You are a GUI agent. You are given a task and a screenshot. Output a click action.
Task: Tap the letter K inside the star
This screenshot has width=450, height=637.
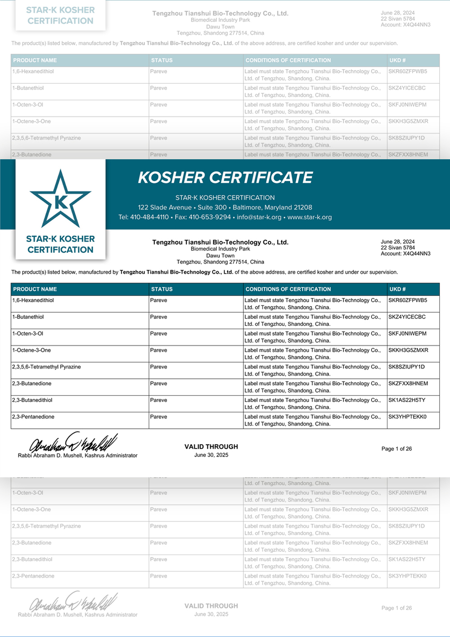point(61,202)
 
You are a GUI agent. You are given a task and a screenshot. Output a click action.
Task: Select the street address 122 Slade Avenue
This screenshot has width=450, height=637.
point(165,207)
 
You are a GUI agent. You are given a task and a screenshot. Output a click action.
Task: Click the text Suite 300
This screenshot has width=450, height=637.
point(212,207)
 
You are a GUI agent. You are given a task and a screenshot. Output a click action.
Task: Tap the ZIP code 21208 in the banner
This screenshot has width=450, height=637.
point(303,207)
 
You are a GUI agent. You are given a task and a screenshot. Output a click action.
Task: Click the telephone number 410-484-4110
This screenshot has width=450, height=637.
point(149,217)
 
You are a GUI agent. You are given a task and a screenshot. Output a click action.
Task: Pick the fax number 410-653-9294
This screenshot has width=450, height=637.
point(210,217)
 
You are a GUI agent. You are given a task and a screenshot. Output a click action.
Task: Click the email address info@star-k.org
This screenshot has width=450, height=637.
point(259,217)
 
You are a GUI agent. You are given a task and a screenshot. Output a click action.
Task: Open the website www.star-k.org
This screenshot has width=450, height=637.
point(310,217)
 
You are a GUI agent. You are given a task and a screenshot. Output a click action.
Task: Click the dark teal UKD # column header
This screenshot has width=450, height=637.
point(397,289)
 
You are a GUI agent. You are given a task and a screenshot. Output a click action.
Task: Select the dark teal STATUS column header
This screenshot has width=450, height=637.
point(162,289)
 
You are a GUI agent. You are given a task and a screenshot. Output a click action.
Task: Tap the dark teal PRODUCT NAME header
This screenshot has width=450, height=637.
point(35,289)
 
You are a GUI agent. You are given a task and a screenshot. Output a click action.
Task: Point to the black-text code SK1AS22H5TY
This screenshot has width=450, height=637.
point(407,400)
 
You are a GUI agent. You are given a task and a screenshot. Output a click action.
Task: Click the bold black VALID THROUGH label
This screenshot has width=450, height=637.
point(211,447)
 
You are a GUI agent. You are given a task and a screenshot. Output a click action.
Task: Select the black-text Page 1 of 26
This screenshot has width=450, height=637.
point(396,449)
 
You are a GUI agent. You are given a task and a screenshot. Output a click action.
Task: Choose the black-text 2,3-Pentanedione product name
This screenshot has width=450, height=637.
point(33,417)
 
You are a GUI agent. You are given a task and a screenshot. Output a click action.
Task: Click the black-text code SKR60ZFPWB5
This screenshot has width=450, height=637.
point(408,301)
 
